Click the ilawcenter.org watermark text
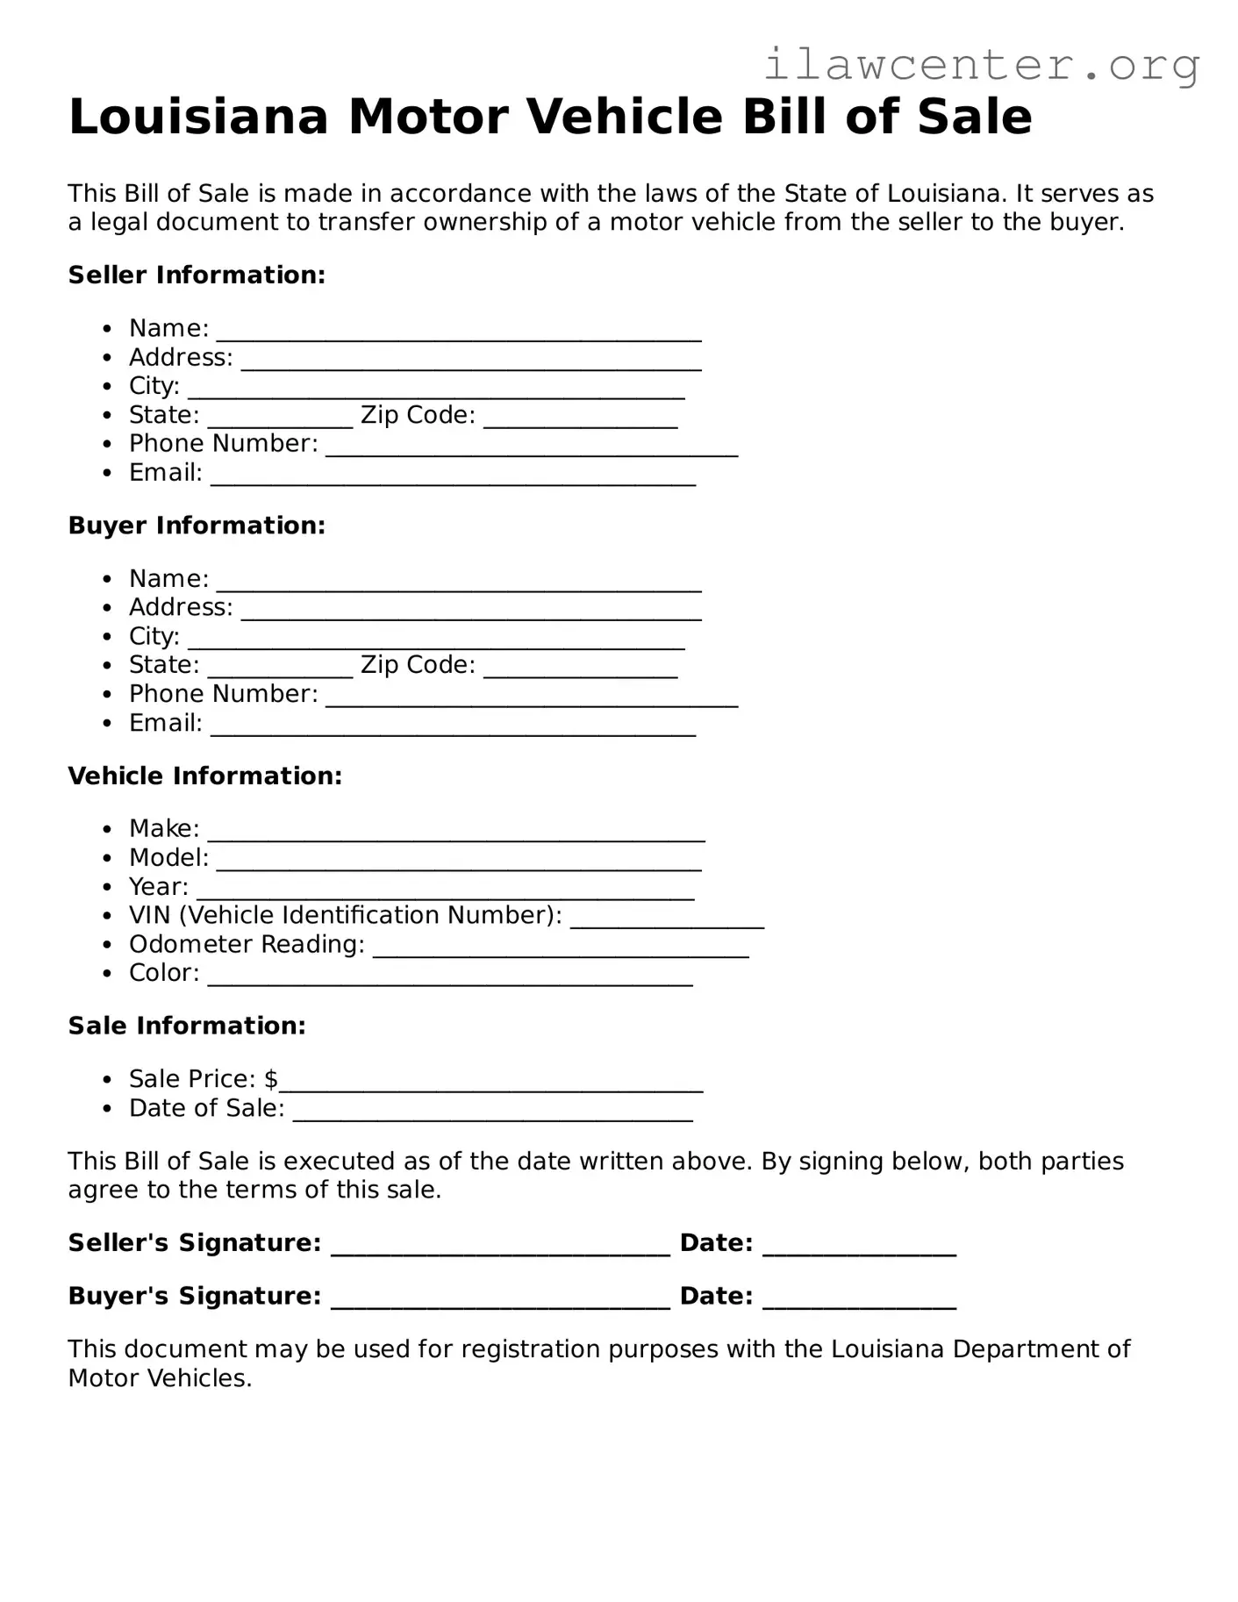pos(981,65)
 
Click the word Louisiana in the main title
pos(198,117)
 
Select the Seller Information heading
pos(197,275)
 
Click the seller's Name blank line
pos(458,335)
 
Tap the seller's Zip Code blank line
pos(580,422)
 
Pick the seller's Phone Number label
pos(223,444)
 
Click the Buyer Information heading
pos(197,526)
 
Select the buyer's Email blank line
pos(453,730)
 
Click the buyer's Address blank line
pos(471,614)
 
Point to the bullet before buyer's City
pos(107,637)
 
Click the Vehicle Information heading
pos(204,776)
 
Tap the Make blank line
pos(456,835)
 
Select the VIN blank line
pos(667,922)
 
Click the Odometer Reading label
pos(247,945)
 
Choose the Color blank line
pos(450,980)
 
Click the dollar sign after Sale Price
pos(271,1079)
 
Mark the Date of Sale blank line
pos(492,1115)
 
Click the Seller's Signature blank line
pos(500,1250)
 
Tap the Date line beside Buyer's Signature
pos(859,1304)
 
